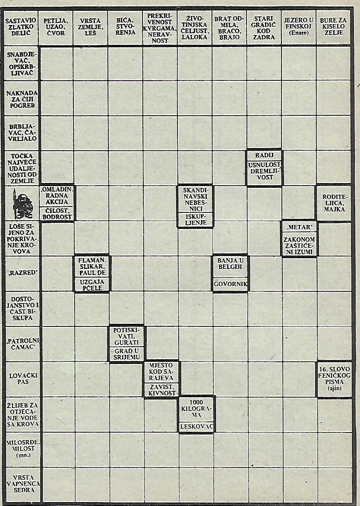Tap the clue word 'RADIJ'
[x=264, y=155]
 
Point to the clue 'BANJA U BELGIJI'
[x=229, y=264]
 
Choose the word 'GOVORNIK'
[x=229, y=285]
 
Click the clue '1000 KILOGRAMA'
[x=196, y=408]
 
